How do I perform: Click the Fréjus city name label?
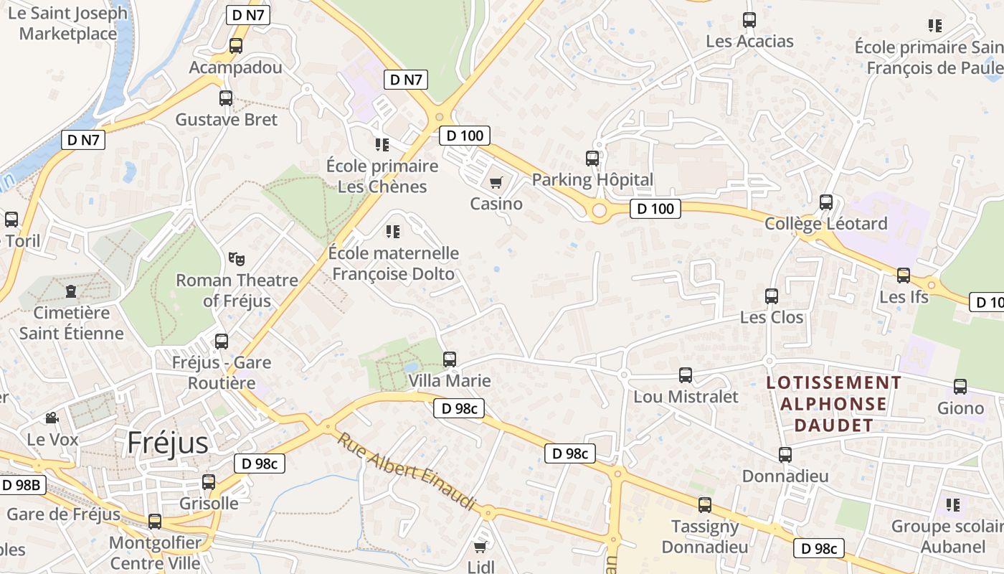pos(168,443)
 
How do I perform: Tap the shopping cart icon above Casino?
pos(496,182)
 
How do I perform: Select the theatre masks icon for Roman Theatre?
pos(236,258)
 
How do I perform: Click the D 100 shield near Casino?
pos(464,135)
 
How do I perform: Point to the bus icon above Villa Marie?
pos(450,359)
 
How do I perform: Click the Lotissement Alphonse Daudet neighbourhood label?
pos(833,403)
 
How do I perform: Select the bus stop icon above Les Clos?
pos(772,296)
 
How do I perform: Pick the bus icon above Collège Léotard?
pos(826,202)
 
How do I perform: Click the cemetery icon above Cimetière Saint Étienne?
pos(71,291)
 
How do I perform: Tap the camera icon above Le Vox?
pos(52,418)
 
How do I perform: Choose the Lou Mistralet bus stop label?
pos(686,396)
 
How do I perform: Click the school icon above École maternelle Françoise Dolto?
pos(392,231)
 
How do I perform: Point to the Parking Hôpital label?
pos(592,179)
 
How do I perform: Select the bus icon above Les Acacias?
pos(749,20)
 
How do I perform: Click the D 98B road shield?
pos(23,485)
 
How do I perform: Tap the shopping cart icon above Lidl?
pos(480,547)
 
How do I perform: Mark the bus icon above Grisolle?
pos(209,482)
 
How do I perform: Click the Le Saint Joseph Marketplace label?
pos(68,23)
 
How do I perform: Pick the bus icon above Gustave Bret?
pos(226,98)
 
